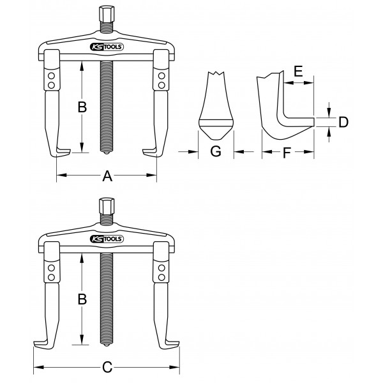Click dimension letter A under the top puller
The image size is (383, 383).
pos(107,176)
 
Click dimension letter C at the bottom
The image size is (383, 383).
pos(107,367)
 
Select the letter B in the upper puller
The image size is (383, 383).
pos(82,107)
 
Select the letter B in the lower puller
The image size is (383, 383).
pos(82,299)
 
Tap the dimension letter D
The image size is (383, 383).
pos(343,122)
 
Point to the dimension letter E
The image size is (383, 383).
pos(298,71)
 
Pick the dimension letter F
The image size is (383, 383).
pos(287,153)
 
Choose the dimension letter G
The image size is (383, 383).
pos(216,151)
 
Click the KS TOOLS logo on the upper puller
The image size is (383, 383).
pos(107,47)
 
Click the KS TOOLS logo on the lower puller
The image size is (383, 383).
pos(107,239)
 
